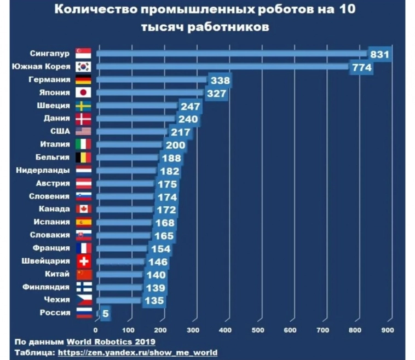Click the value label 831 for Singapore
[x=379, y=54]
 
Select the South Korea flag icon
[x=83, y=67]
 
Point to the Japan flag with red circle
[x=83, y=92]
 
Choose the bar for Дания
[x=137, y=119]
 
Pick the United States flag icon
[x=83, y=131]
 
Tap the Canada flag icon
[x=83, y=209]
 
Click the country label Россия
[x=55, y=313]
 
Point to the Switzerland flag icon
[x=83, y=261]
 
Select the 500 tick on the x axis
[x=258, y=330]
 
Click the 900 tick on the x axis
[x=388, y=330]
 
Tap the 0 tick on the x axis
[x=96, y=330]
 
